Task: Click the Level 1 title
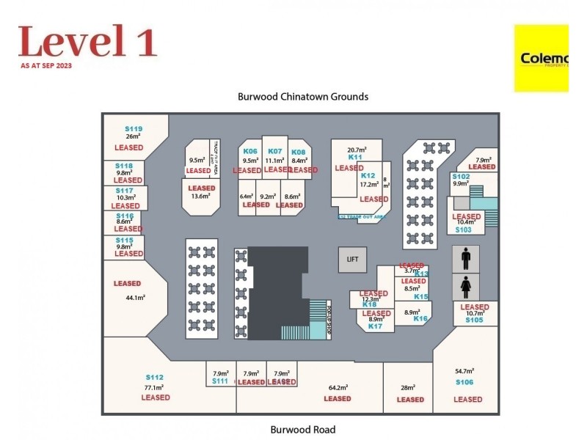coord(87,41)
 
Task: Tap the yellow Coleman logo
coord(542,59)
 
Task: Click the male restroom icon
coord(464,259)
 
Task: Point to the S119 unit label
coord(134,129)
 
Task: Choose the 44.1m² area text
coord(135,298)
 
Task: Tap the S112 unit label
coord(154,377)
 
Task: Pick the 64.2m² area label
coord(338,387)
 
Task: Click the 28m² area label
coord(408,387)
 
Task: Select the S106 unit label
coord(464,382)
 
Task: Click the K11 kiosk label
coord(356,157)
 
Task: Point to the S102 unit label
coord(461,177)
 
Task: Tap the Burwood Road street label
coord(302,430)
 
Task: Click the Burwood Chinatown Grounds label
coord(302,96)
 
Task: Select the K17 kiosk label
coord(376,326)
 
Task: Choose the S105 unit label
coord(474,320)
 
